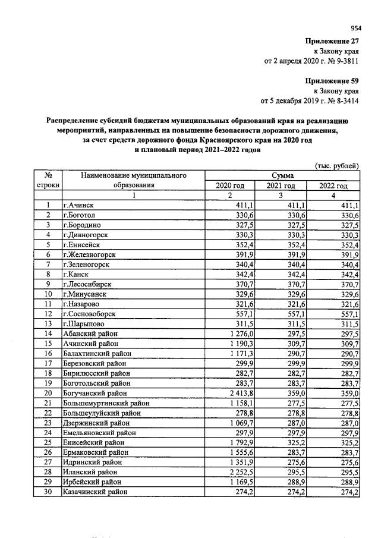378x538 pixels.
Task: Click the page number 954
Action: (355, 27)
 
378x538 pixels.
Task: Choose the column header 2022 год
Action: (333, 185)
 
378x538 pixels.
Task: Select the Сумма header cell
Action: (282, 175)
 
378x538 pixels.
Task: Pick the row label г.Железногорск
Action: (89, 254)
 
